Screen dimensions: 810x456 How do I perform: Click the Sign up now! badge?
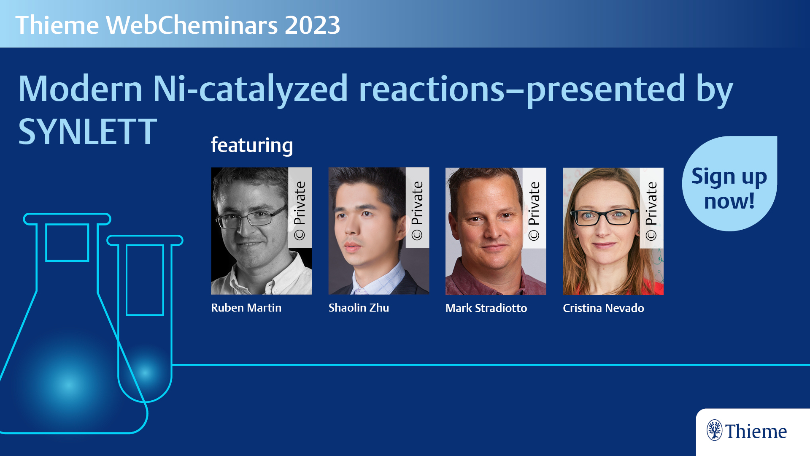[729, 184]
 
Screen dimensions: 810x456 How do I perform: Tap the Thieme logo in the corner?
[747, 431]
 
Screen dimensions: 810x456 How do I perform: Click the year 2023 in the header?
[312, 25]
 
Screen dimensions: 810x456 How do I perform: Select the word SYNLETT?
[87, 132]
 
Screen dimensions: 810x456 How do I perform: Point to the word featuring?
[252, 145]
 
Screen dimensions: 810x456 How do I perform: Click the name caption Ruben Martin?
[246, 308]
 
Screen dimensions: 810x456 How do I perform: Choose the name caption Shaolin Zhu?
[359, 308]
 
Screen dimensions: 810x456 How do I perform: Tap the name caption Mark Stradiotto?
[486, 308]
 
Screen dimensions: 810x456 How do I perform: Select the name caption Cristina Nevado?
[603, 308]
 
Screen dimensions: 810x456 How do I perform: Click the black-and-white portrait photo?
[261, 231]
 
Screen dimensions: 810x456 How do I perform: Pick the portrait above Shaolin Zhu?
[378, 231]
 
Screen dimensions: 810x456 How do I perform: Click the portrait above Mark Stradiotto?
[496, 231]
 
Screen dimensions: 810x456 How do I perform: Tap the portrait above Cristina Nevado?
[613, 231]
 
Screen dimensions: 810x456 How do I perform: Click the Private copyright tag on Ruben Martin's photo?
[300, 208]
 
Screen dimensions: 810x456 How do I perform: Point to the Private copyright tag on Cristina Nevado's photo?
[651, 208]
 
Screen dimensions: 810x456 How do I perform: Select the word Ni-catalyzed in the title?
[250, 89]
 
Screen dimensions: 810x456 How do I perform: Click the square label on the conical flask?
[67, 243]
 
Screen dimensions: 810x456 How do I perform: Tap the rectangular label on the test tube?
[145, 280]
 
